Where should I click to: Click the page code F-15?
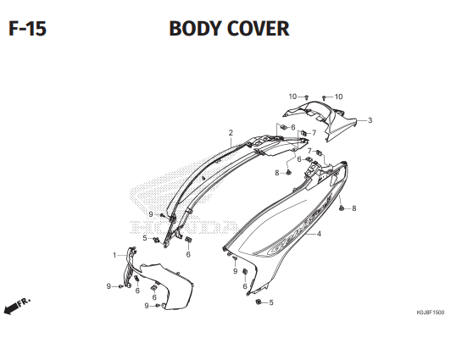tap(27, 29)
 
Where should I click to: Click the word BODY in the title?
tap(195, 29)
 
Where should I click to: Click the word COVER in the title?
tap(258, 29)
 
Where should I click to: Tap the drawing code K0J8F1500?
tap(430, 312)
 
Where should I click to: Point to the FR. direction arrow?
tap(16, 306)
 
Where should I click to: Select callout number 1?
tap(114, 255)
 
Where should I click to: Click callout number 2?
tap(231, 133)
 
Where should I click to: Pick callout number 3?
tap(370, 120)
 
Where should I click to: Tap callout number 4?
tap(319, 234)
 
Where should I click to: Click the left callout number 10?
tap(292, 97)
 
